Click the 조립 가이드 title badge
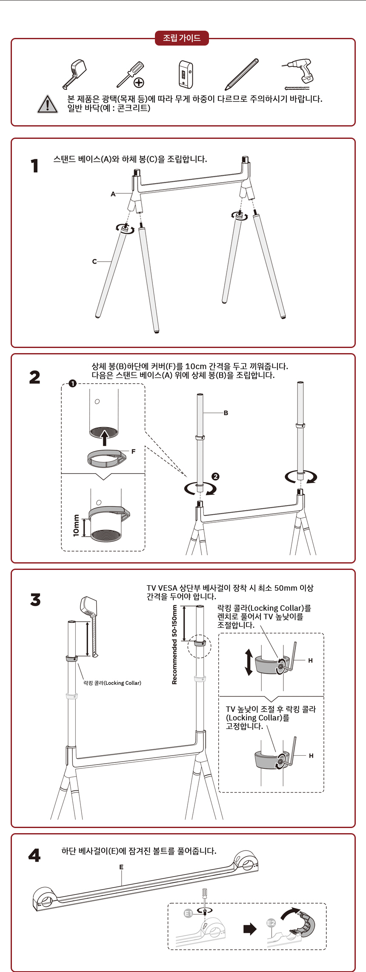coord(182,38)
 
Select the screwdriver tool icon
coord(131,74)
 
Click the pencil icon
coord(242,74)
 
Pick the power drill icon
coord(298,74)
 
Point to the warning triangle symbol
coord(48,104)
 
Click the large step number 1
coord(34,166)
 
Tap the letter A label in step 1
coord(113,194)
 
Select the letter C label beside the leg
coord(94,262)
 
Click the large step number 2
coord(35,377)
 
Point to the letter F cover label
coord(133,451)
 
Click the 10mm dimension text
coord(76,526)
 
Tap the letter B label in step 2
coord(226,413)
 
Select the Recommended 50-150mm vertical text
coord(174,644)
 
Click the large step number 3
coord(35,600)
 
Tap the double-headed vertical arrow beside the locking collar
coord(249,662)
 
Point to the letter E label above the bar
coord(121,867)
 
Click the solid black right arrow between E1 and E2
coord(250,929)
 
